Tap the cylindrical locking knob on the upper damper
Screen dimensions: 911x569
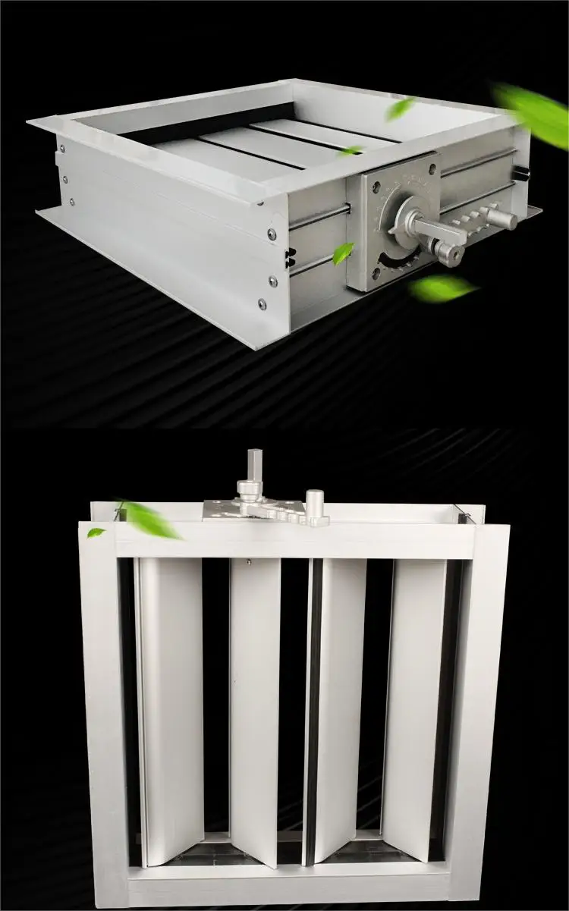pyautogui.click(x=501, y=220)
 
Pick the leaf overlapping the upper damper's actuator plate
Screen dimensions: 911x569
pyautogui.click(x=343, y=253)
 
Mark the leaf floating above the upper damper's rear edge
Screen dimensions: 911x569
pyautogui.click(x=399, y=108)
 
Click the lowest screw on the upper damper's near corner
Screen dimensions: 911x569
pyautogui.click(x=262, y=305)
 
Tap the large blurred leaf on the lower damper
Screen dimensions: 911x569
pyautogui.click(x=149, y=520)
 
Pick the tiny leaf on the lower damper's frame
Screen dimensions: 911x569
pyautogui.click(x=96, y=532)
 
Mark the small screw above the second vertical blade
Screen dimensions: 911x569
pyautogui.click(x=248, y=562)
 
